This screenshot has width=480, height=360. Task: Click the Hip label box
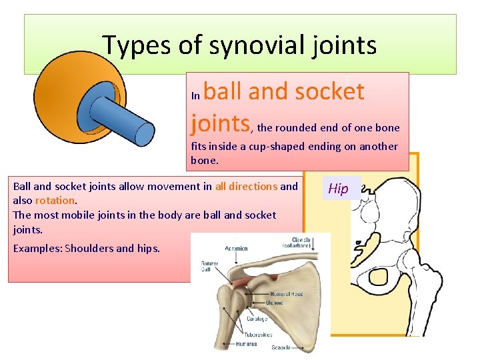point(339,189)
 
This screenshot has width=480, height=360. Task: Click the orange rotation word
point(56,200)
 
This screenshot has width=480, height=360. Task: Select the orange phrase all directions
point(246,187)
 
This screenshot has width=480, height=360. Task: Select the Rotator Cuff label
point(209,267)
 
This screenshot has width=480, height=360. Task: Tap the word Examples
point(35,249)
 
